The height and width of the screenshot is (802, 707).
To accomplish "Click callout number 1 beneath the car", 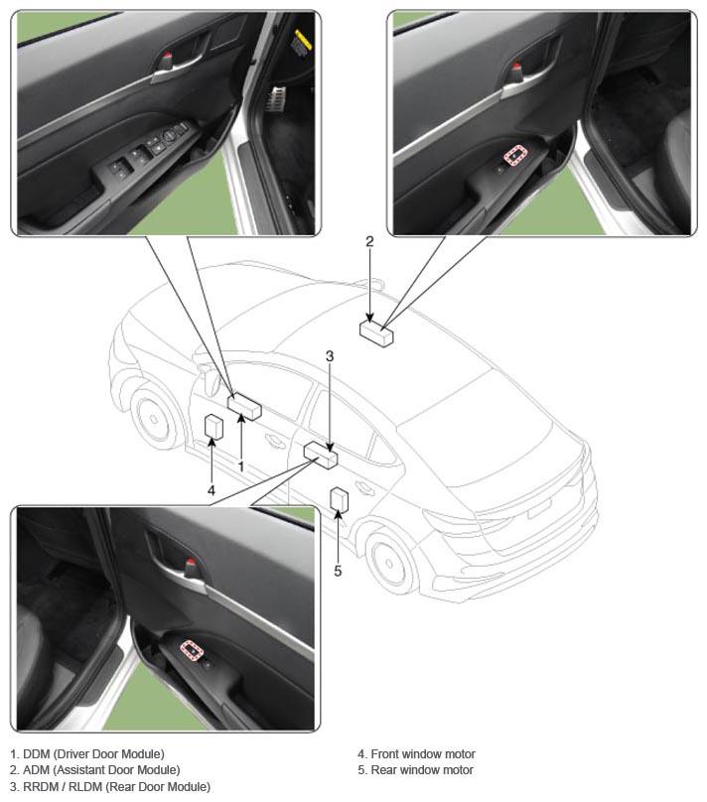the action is (241, 466).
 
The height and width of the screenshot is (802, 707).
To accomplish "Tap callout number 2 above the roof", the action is (369, 241).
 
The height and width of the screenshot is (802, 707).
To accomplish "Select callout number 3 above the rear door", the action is (330, 356).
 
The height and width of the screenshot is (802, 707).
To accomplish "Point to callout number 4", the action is (212, 490).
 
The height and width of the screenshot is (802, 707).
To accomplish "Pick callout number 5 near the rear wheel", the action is (338, 571).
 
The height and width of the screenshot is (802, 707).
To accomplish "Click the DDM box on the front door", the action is (244, 407).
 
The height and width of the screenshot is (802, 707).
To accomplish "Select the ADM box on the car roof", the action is (376, 333).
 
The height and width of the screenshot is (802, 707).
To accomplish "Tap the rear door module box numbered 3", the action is (321, 456).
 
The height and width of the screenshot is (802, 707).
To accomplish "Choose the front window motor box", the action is (213, 427).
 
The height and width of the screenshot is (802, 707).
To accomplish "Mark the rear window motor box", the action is (340, 499).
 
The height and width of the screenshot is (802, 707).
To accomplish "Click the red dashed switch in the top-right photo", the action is (515, 155).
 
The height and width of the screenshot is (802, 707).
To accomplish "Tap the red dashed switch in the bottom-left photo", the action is (192, 650).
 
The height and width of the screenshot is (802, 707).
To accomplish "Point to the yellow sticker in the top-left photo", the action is (302, 41).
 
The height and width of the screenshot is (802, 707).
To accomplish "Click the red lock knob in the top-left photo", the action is (169, 59).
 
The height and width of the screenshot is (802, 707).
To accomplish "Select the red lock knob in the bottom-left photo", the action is (191, 567).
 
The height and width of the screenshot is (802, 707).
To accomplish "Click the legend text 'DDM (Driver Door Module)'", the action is (93, 754).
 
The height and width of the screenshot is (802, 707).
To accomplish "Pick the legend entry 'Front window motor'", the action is (423, 754).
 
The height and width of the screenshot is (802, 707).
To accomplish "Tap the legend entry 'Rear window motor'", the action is (422, 770).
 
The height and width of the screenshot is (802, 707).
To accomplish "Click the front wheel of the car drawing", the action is (153, 420).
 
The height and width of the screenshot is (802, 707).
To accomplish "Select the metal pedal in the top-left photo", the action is (275, 97).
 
